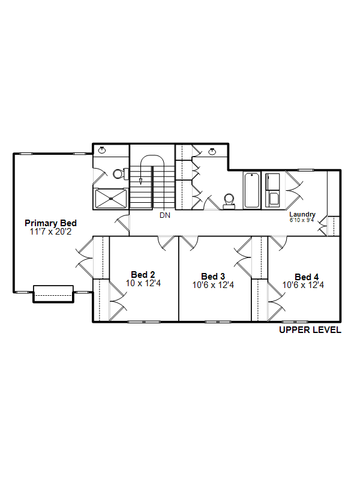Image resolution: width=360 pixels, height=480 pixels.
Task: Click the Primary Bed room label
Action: pyautogui.click(x=50, y=223)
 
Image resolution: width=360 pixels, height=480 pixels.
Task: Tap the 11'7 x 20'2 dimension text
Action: pyautogui.click(x=50, y=232)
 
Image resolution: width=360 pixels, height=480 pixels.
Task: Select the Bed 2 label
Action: pyautogui.click(x=143, y=275)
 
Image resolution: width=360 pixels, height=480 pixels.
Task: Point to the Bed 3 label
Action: pyautogui.click(x=213, y=277)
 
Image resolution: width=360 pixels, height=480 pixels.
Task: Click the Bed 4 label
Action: pyautogui.click(x=307, y=277)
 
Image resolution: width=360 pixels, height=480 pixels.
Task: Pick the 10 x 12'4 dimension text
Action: pyautogui.click(x=143, y=283)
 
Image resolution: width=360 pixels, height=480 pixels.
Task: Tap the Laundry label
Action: pyautogui.click(x=302, y=214)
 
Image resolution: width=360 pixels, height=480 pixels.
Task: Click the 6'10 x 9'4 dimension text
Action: pyautogui.click(x=302, y=220)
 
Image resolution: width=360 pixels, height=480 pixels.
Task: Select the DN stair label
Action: pyautogui.click(x=165, y=215)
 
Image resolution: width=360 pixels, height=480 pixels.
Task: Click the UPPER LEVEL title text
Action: pyautogui.click(x=310, y=329)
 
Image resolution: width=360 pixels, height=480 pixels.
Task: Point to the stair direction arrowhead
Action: pyautogui.click(x=140, y=181)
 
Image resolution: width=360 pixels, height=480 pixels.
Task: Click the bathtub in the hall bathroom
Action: pyautogui.click(x=252, y=190)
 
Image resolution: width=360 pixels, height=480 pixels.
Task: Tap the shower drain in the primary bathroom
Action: pyautogui.click(x=111, y=199)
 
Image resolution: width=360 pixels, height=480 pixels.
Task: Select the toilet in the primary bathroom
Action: pyautogui.click(x=121, y=174)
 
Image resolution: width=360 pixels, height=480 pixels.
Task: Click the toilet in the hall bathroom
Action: pyautogui.click(x=229, y=201)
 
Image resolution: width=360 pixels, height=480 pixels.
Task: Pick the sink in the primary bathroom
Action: pyautogui.click(x=102, y=150)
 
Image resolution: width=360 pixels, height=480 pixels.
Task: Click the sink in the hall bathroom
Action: pyautogui.click(x=212, y=152)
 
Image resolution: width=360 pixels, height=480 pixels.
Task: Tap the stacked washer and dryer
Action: pyautogui.click(x=272, y=190)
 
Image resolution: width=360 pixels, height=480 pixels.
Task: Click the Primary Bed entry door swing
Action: pyautogui.click(x=122, y=223)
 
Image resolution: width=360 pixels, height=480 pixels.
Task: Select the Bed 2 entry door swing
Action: pyautogui.click(x=166, y=244)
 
